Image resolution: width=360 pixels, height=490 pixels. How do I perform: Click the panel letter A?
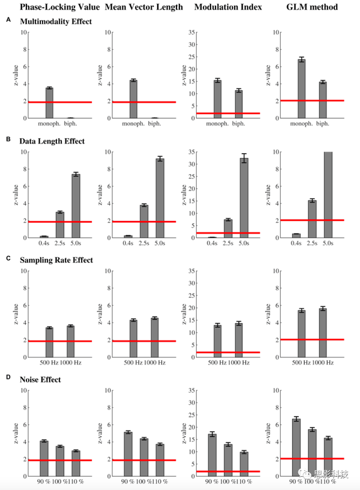click(x=8, y=20)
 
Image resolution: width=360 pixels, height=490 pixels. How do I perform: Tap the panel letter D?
click(x=8, y=378)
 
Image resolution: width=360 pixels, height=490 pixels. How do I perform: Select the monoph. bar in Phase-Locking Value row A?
click(x=49, y=103)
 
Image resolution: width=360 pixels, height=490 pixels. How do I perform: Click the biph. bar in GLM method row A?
click(x=322, y=100)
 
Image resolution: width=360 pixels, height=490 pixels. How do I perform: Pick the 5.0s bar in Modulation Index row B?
click(x=244, y=198)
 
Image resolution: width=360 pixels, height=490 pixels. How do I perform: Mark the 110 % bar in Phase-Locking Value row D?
click(x=76, y=464)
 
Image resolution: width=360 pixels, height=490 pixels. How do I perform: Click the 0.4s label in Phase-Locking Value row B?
click(x=44, y=244)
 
